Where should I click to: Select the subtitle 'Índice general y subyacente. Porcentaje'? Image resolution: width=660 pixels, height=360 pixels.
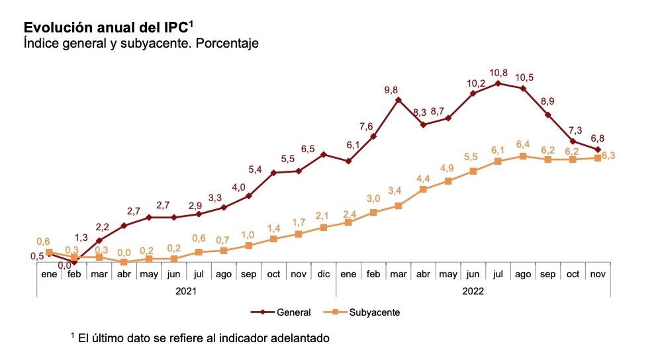[x=140, y=44]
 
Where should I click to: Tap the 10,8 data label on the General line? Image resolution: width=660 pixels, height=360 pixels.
[x=498, y=73]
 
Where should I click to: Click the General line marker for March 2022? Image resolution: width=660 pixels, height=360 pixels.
[x=399, y=100]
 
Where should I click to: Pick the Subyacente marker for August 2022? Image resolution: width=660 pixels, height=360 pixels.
[x=523, y=156]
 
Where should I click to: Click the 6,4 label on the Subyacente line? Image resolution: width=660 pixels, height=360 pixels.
[x=523, y=144]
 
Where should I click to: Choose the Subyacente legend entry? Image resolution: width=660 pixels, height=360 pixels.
[x=360, y=312]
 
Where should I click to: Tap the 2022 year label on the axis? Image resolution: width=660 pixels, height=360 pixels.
[x=473, y=290]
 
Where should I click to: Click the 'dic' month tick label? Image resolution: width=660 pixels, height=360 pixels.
[x=323, y=274]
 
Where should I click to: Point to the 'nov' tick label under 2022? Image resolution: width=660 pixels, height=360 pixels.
[x=598, y=274]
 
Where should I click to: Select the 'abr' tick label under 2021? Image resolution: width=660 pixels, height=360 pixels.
[x=124, y=274]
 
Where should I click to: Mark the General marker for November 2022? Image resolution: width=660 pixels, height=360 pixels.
[x=598, y=150]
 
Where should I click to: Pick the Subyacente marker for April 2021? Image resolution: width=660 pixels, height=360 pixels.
[x=124, y=262]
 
